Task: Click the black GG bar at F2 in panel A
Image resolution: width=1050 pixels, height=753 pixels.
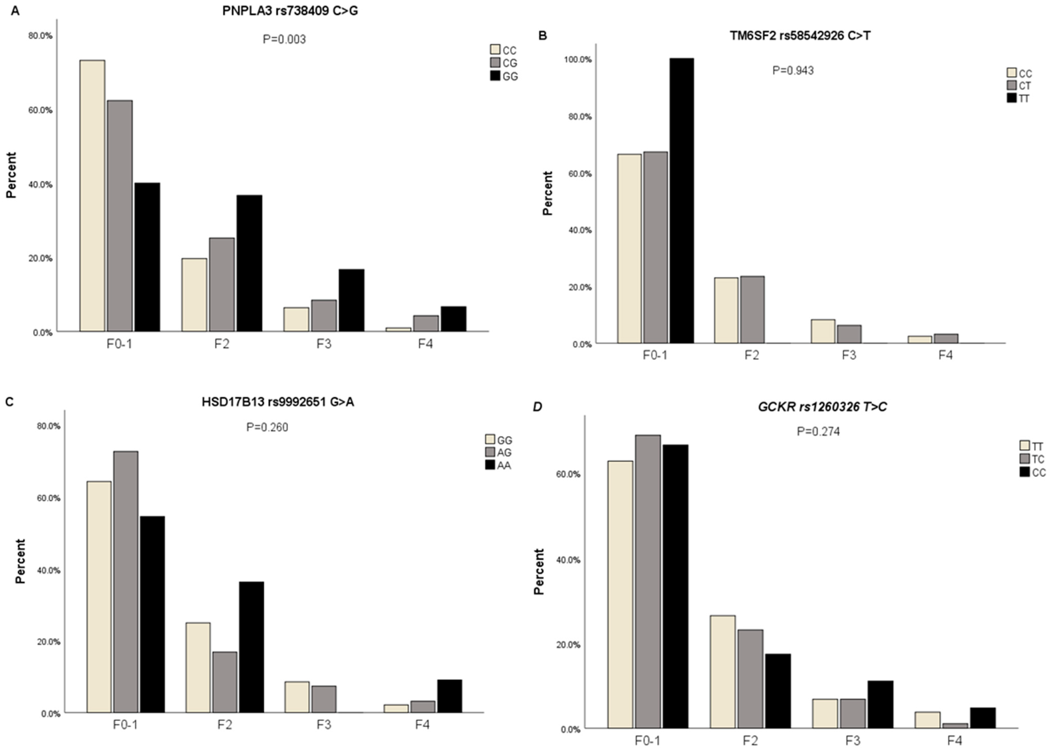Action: (x=249, y=263)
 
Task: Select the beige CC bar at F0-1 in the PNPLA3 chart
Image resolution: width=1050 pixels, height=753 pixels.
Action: (x=92, y=195)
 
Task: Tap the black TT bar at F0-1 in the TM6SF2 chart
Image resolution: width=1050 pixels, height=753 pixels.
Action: (x=681, y=200)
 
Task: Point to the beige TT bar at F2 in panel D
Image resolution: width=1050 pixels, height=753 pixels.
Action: (x=722, y=672)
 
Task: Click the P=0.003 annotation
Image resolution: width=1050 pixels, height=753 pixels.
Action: (x=284, y=39)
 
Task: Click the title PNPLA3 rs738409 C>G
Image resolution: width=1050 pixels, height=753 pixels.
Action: (x=290, y=11)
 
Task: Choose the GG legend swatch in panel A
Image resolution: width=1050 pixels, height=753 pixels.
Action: (x=495, y=76)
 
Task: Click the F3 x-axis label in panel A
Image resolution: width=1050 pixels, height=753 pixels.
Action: (x=324, y=344)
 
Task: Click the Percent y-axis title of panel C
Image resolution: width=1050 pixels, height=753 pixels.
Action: (x=20, y=561)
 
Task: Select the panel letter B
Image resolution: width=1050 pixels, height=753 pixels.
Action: (x=543, y=36)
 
